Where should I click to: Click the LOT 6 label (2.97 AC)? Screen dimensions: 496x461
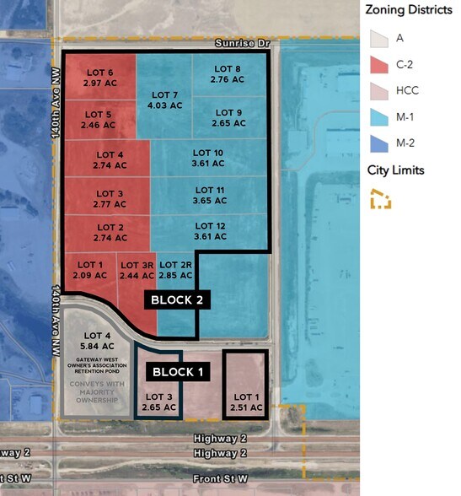(x=99, y=78)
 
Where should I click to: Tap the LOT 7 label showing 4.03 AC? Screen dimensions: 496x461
(x=163, y=100)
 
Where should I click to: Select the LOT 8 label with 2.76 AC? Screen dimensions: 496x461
(x=225, y=73)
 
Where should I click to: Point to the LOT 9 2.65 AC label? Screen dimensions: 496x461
(x=228, y=117)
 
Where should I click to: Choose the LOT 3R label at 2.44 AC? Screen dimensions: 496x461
(x=136, y=270)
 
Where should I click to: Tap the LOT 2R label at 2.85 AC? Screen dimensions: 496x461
(x=175, y=270)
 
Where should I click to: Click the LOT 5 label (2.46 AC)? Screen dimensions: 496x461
(x=98, y=119)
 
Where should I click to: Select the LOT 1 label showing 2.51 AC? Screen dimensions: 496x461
(x=247, y=402)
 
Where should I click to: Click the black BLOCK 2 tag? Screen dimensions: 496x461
(x=176, y=299)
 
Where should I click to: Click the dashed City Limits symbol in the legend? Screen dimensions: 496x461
(x=381, y=198)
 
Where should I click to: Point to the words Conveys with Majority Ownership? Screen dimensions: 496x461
(x=94, y=393)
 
